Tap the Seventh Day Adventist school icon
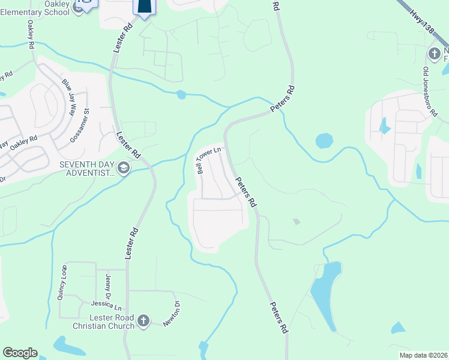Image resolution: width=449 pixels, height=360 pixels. pyautogui.click(x=124, y=167)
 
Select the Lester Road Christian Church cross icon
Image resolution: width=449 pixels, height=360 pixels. pyautogui.click(x=143, y=321)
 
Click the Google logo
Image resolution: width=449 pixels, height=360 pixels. pyautogui.click(x=20, y=353)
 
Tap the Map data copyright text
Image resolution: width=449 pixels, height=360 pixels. pyautogui.click(x=423, y=355)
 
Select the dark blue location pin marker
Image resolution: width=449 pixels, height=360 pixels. pyautogui.click(x=144, y=6)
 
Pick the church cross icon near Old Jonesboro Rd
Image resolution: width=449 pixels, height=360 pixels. pyautogui.click(x=434, y=55)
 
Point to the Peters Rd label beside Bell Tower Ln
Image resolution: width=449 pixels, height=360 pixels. pyautogui.click(x=246, y=193)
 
